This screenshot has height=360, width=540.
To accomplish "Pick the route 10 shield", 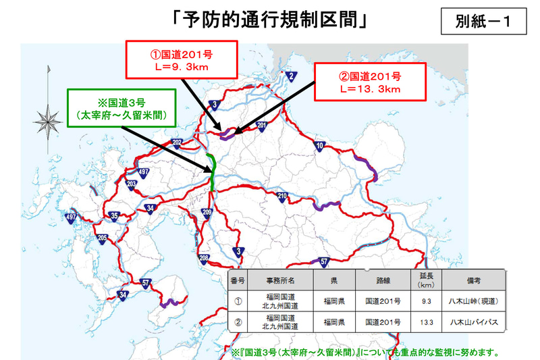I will [x=320, y=146].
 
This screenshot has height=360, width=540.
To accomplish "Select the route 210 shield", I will [x=283, y=197].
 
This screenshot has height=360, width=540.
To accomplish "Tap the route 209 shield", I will [x=207, y=213].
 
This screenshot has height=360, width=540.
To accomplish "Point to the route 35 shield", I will [x=115, y=216].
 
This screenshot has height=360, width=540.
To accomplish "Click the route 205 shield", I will [x=103, y=238].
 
